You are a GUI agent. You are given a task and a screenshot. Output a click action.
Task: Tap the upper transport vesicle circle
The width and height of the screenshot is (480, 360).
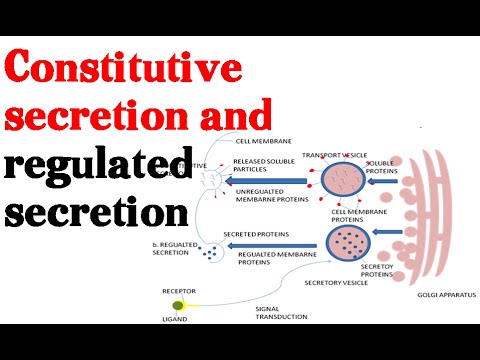(344, 172)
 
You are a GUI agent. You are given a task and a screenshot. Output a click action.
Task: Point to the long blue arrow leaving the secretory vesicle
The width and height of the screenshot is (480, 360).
(276, 246)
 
